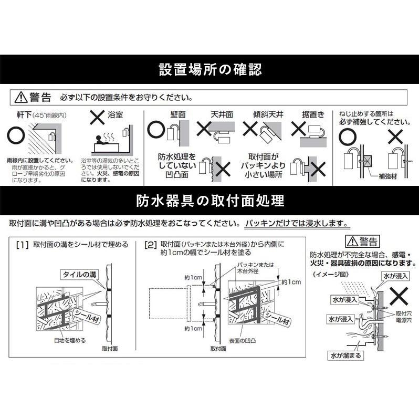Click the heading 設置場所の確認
209,69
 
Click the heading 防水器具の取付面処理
209,201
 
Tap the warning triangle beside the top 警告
20,97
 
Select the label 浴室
116,114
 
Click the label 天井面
222,114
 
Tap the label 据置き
313,114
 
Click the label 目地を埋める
69,340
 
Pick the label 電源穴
404,319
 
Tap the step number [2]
151,245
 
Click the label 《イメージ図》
328,274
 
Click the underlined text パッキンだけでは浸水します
297,223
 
